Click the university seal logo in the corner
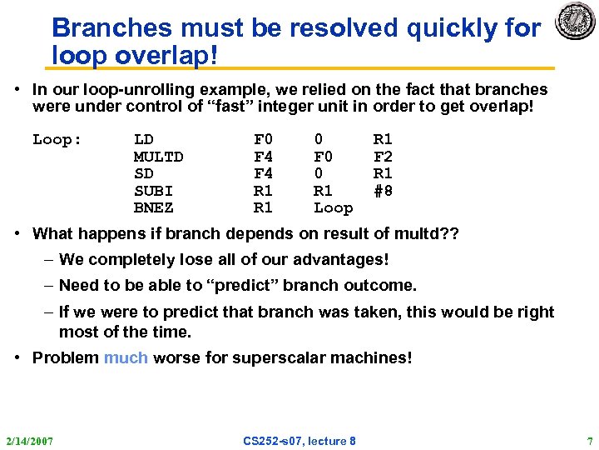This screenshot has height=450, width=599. coord(575,21)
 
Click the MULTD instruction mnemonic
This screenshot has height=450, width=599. coord(158,157)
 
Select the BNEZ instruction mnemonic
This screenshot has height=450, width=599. coord(153,207)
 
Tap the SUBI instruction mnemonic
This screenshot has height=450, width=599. coord(153,191)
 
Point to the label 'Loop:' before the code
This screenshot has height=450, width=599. coord(57,139)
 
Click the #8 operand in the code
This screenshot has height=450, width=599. coord(383,191)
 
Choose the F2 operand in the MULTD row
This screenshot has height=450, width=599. coord(383,157)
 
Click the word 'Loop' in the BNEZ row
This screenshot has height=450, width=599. coord(333,207)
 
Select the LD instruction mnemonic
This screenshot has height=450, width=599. coord(143,139)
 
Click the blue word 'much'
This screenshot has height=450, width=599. coord(126,357)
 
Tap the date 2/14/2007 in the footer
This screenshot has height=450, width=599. coord(29,440)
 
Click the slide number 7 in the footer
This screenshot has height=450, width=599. coord(589,440)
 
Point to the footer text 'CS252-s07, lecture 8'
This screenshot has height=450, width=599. coord(299,440)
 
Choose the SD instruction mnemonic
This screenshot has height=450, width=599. coord(143,173)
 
